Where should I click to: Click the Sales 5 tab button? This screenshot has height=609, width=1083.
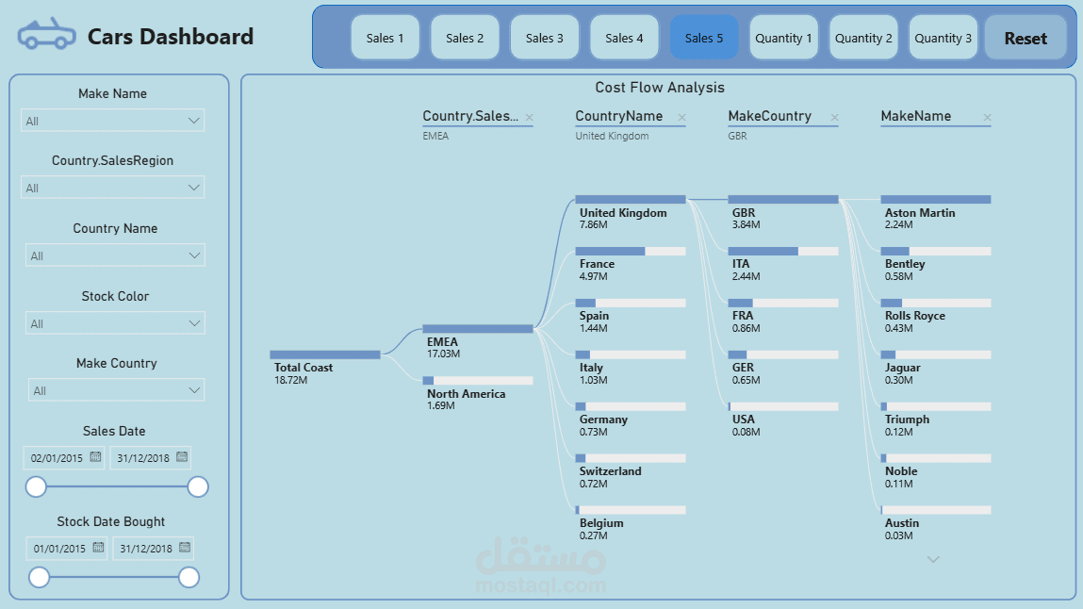(x=704, y=38)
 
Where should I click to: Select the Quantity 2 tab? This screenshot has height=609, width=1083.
(x=863, y=38)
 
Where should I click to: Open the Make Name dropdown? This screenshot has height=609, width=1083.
(x=113, y=121)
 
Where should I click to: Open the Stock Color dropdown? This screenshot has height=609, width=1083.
(x=115, y=323)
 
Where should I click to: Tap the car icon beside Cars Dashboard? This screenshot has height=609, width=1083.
(x=46, y=36)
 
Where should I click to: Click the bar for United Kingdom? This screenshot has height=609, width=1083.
(x=631, y=200)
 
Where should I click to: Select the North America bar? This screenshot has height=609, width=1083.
(x=478, y=381)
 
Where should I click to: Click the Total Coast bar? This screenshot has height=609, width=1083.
(x=325, y=354)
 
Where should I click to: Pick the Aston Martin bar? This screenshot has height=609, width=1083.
(x=936, y=200)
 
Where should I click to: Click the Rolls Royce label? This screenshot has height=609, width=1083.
(x=915, y=316)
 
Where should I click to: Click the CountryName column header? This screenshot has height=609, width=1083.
(x=619, y=117)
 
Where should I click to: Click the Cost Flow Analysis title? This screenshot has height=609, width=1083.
(x=660, y=88)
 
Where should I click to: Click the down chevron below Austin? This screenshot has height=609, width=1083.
(x=934, y=559)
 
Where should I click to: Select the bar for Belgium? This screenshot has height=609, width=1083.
(x=631, y=510)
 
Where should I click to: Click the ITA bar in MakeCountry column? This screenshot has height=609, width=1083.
(x=783, y=252)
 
